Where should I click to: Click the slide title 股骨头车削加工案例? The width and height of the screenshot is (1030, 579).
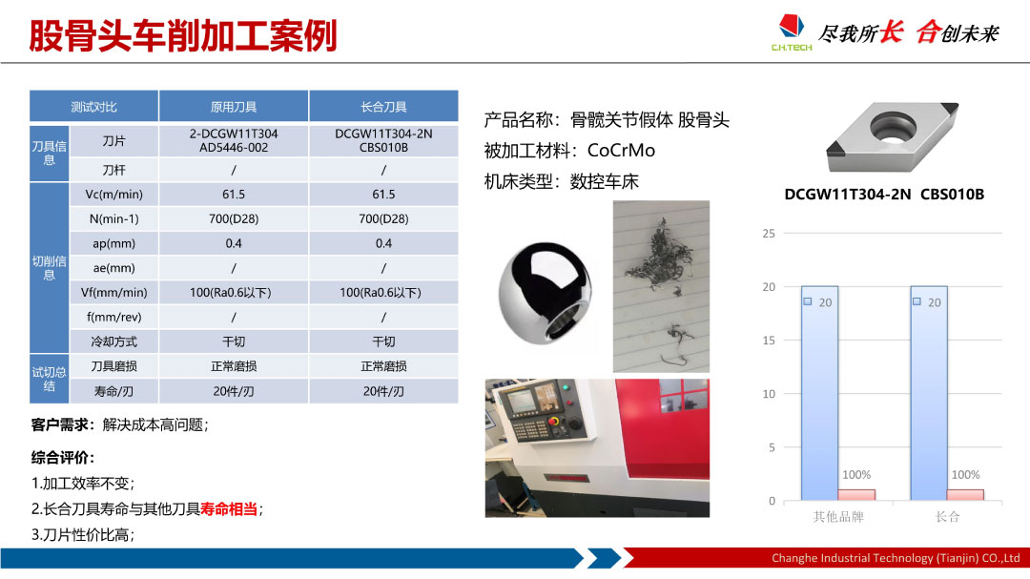[183, 35]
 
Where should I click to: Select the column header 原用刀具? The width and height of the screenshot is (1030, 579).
[234, 107]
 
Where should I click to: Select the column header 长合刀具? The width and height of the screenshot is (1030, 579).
[383, 107]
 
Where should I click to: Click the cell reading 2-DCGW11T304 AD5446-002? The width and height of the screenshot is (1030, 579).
[234, 140]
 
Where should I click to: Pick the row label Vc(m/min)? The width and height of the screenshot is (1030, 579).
[113, 195]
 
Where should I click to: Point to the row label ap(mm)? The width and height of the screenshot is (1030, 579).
[113, 244]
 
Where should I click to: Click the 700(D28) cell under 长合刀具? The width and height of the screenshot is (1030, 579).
[383, 218]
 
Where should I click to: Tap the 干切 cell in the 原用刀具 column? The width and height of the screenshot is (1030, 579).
[234, 341]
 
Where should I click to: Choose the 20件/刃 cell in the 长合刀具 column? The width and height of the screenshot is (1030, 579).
[383, 391]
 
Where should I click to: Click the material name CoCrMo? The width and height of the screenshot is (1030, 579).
[622, 151]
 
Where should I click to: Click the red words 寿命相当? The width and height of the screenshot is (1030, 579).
[229, 508]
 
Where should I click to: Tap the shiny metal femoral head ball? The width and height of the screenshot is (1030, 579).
[546, 293]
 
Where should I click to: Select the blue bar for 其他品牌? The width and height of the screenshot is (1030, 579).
[819, 393]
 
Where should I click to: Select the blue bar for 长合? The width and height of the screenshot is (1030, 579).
[928, 393]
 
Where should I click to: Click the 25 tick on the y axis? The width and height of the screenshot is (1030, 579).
[769, 234]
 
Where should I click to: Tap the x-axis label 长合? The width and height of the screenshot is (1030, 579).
[947, 517]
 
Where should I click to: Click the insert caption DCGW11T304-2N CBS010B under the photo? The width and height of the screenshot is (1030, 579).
[884, 195]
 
